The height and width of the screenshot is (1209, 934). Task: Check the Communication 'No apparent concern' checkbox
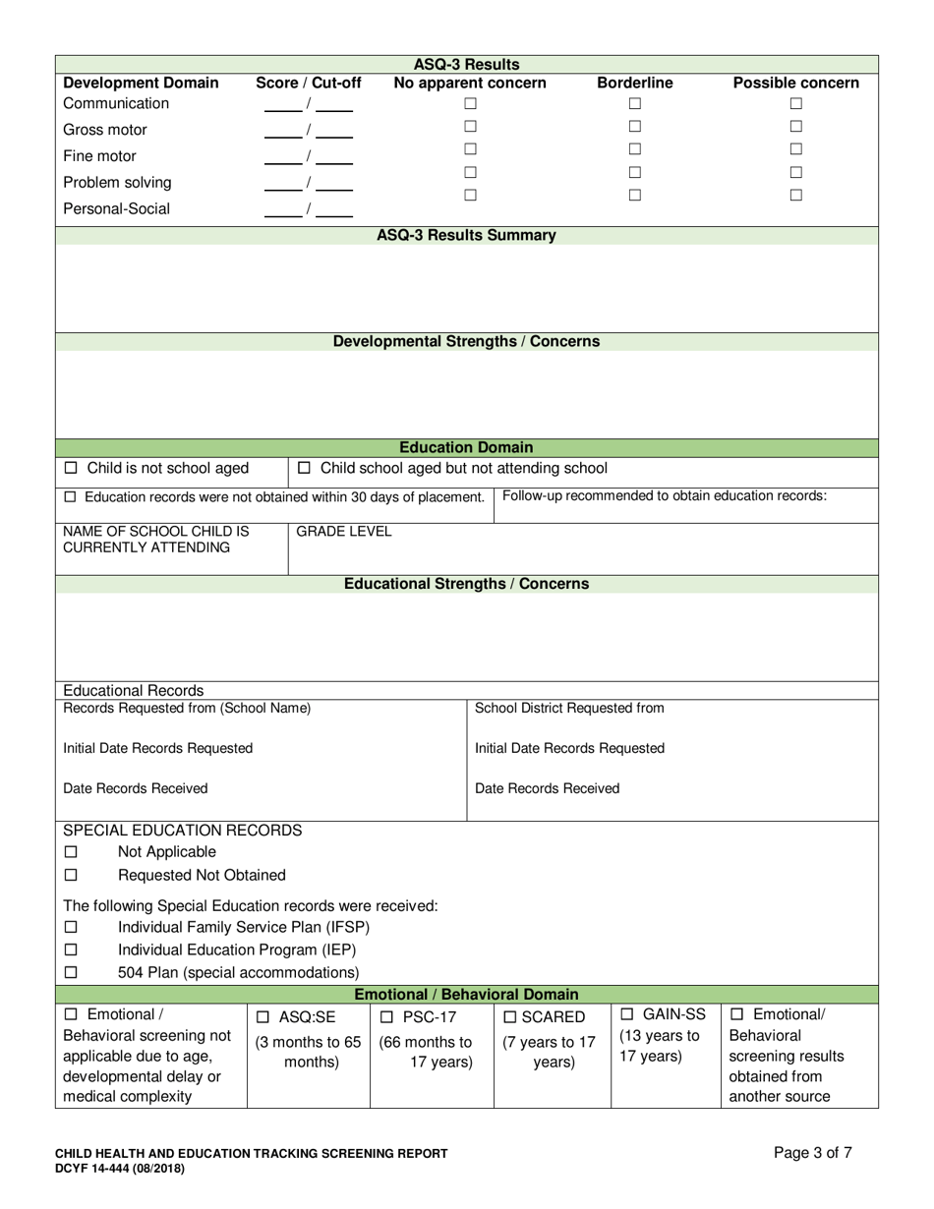coord(470,103)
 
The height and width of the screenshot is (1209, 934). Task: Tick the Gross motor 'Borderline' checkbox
coord(635,126)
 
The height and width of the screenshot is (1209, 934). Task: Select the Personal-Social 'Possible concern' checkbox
coord(796,195)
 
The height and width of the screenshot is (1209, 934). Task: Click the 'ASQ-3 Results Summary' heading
coord(466,236)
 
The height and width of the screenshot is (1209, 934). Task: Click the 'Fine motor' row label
coord(99,156)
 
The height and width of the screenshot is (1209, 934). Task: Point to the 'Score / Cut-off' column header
coord(308,84)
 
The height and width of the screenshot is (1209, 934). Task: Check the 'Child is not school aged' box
coord(71,469)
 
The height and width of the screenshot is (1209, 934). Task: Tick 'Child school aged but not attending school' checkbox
coord(304,469)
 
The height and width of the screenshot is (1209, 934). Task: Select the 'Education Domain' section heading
coord(466,448)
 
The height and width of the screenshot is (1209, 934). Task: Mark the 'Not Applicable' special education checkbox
coord(71,852)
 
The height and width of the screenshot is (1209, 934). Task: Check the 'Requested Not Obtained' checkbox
coord(71,875)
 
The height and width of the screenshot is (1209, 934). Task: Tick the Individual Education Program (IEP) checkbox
coord(71,950)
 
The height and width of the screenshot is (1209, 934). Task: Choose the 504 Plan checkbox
coord(71,973)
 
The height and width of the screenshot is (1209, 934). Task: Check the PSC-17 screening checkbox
coord(386,1017)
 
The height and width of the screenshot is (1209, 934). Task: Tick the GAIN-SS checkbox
coord(627,1014)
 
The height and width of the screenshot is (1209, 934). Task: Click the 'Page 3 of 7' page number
coord(812,1154)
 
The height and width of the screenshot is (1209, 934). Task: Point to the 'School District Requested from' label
coord(569,709)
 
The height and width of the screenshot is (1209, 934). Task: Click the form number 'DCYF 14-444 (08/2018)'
coord(119,1169)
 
